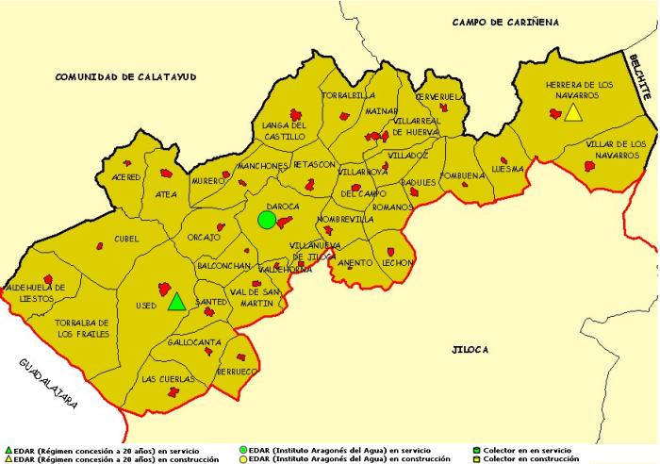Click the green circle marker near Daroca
coord(267,220)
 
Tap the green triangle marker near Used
coord(176,302)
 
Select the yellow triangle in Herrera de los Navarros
coord(572,112)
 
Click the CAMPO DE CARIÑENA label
coord(505,22)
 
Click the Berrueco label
coord(236,372)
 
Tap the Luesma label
coord(506,170)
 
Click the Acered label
coord(125,177)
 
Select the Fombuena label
coord(461,175)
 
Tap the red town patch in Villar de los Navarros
coord(590,166)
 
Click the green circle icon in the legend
coord(244,451)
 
